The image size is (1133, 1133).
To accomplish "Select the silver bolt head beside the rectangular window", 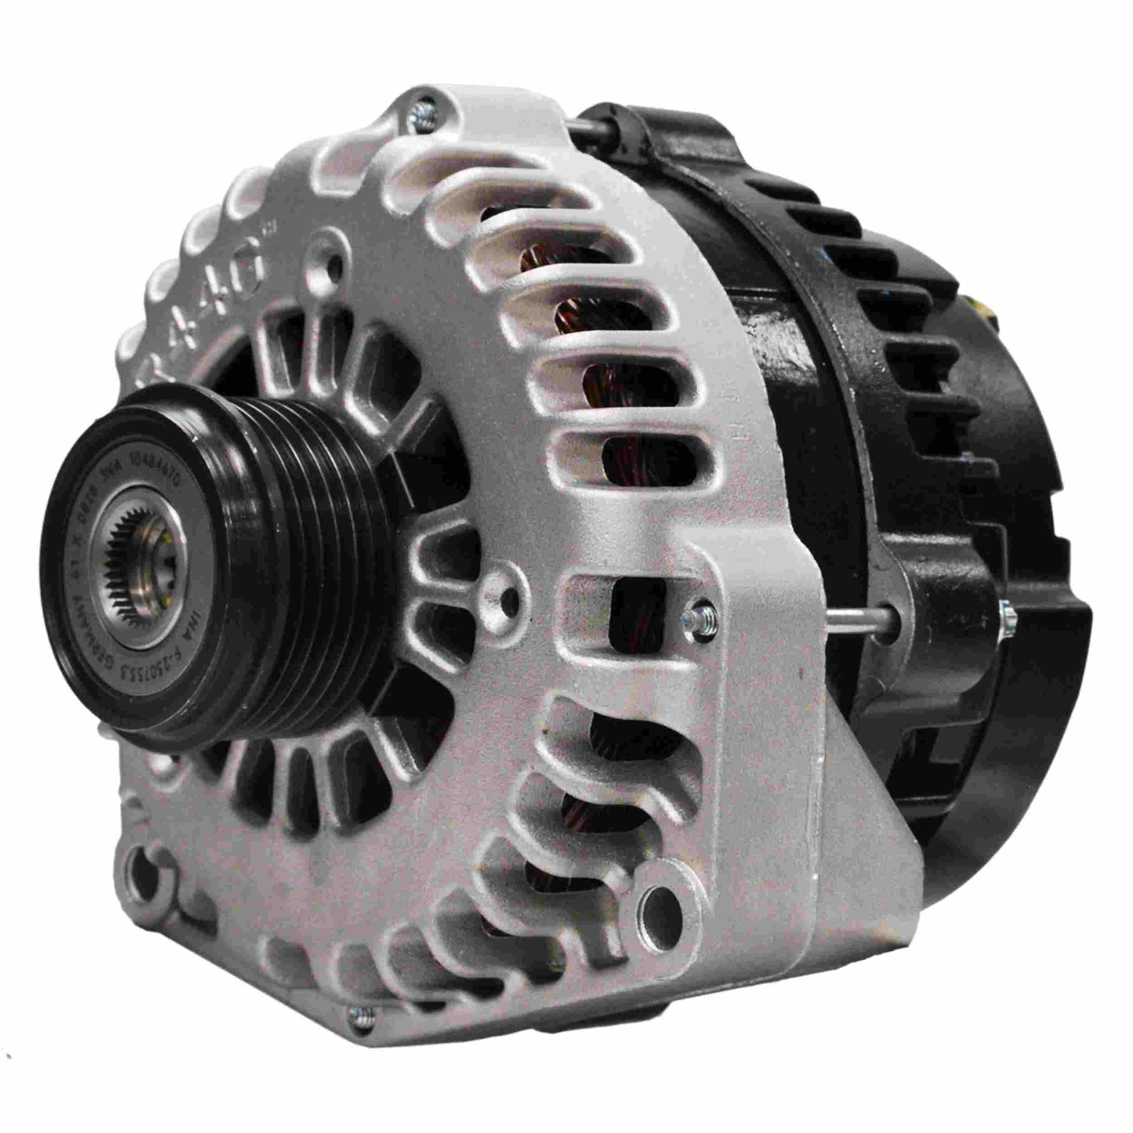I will point(702,615).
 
